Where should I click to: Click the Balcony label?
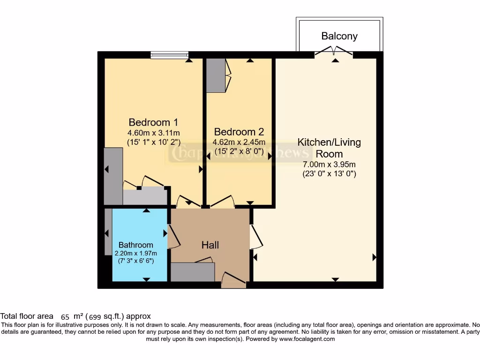(x=339, y=36)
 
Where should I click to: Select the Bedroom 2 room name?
(x=239, y=132)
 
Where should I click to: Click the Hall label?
(x=210, y=245)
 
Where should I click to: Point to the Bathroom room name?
(x=135, y=245)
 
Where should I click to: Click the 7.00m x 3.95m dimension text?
(x=329, y=165)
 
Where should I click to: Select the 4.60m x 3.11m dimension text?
(x=153, y=133)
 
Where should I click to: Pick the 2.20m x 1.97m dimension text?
(x=135, y=253)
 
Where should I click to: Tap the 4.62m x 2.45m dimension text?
(x=239, y=142)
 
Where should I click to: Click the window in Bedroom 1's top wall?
(x=170, y=55)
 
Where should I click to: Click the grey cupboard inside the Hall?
(x=193, y=272)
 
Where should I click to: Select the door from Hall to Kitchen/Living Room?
(x=255, y=237)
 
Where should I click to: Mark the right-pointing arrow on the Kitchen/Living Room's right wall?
(x=374, y=257)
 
